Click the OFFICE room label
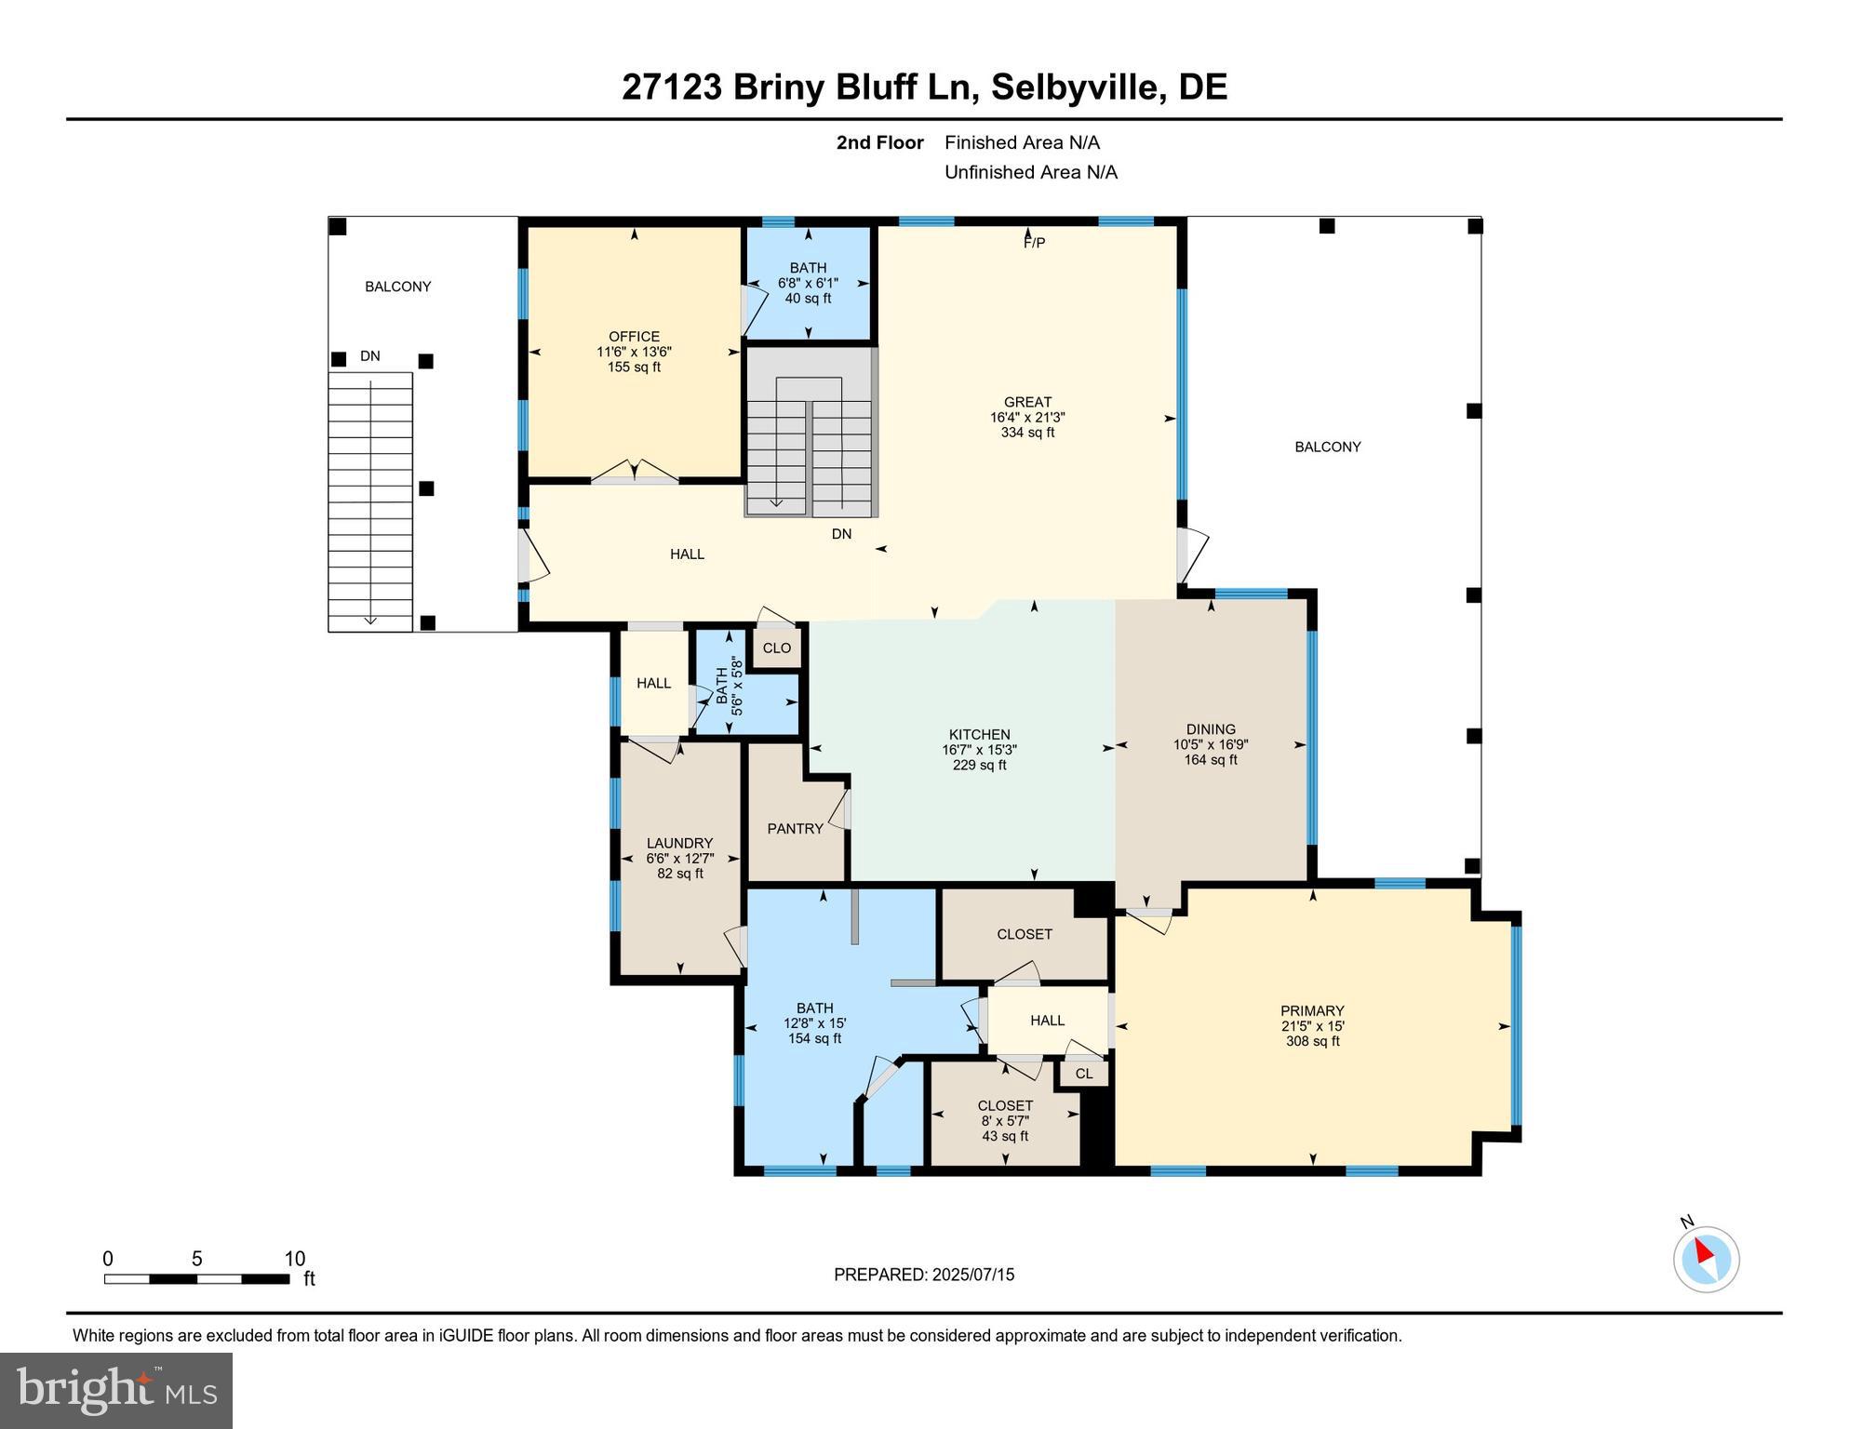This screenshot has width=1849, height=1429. point(634,337)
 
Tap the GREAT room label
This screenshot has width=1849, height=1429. point(1027,403)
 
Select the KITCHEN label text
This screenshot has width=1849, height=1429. point(979,735)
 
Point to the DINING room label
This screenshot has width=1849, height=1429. point(1211,729)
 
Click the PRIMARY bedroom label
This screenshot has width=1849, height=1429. point(1312,1011)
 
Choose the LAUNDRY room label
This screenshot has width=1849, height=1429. point(679,844)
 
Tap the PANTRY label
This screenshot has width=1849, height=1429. point(795,829)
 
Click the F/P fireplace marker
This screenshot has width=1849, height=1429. point(1034,243)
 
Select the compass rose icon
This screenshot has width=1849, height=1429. point(1706,1260)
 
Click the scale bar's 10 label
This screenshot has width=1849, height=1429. point(294,1259)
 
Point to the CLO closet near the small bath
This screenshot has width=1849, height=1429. point(777,648)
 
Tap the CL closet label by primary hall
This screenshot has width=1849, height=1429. point(1084,1074)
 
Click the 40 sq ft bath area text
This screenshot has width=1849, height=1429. point(808,299)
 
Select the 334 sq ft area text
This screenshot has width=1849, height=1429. point(1027,433)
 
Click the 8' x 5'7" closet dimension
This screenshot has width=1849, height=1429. point(1005,1121)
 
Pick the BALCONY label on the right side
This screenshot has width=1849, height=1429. point(1327,447)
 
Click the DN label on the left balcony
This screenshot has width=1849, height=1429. point(370,356)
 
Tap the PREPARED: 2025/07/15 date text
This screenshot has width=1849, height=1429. point(923,1275)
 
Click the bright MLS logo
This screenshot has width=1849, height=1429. point(116,1390)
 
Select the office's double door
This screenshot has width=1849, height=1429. point(635,473)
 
